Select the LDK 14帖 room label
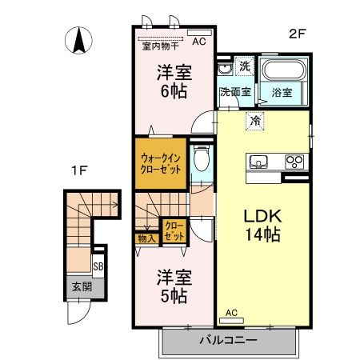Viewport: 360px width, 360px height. [262, 226]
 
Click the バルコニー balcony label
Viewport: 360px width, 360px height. [228, 341]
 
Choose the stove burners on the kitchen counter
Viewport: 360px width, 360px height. [294, 161]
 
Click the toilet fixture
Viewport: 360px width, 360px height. [203, 158]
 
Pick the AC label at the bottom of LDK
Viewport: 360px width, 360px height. [232, 312]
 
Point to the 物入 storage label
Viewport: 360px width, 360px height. [146, 238]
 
